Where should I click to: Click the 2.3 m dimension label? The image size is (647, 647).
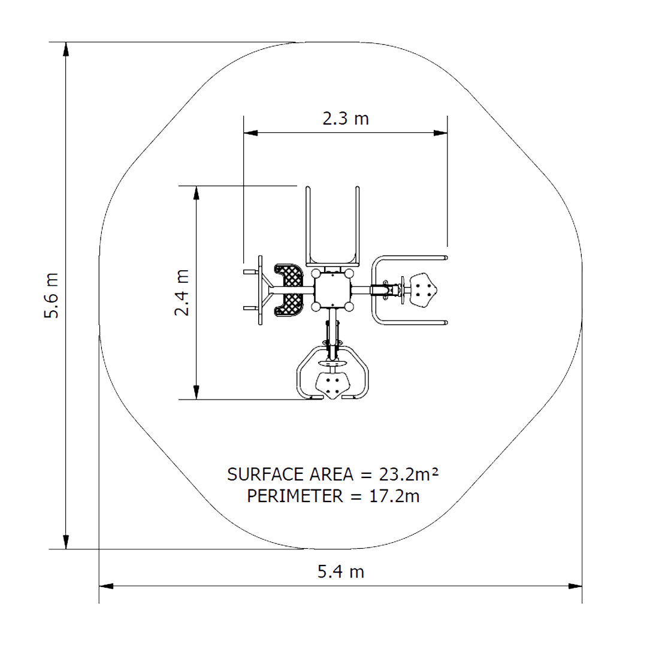tap(346, 119)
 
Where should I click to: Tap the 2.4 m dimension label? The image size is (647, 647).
tap(182, 292)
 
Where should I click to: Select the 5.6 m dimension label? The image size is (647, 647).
tap(52, 295)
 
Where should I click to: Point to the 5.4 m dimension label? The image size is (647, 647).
tap(341, 572)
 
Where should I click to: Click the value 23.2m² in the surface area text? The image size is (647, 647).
tap(409, 474)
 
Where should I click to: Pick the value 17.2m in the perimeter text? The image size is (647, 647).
tap(394, 496)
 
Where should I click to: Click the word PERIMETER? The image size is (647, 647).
tap(295, 496)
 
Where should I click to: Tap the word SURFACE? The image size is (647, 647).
tap(267, 474)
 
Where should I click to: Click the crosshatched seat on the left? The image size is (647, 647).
tap(289, 290)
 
